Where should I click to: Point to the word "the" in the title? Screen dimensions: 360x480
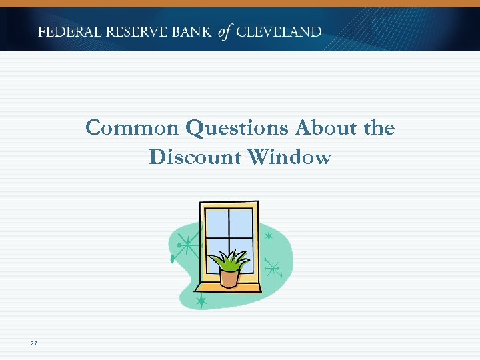378,127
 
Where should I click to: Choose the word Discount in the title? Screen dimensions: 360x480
195,157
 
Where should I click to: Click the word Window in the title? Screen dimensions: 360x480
289,157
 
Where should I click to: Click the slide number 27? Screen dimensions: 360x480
34,343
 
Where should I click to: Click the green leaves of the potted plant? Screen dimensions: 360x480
229,259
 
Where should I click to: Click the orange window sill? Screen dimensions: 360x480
227,287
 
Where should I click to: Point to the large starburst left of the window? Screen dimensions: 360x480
189,247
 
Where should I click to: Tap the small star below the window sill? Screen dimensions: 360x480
201,302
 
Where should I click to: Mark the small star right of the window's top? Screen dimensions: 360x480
269,236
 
